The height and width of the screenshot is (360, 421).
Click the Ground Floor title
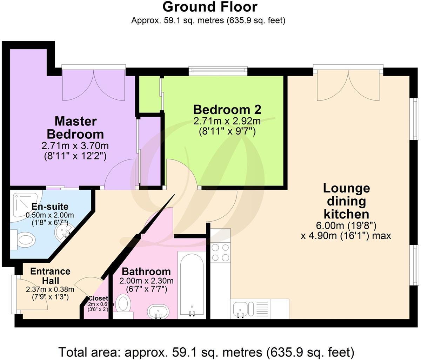coord(210,7)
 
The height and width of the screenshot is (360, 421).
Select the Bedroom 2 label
coord(227,110)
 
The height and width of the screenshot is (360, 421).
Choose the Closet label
coord(98,299)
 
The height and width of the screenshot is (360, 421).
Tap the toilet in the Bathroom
coord(123,304)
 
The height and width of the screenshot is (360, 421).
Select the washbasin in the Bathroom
coord(158,311)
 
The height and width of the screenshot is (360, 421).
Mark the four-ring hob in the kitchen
coord(221,253)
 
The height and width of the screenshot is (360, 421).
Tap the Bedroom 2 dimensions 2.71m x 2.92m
coord(227,122)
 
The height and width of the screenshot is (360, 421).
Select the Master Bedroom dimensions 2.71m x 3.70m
coord(75,145)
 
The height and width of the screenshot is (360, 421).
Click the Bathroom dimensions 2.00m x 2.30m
coord(146,281)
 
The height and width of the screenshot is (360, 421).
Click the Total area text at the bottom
coord(206,352)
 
